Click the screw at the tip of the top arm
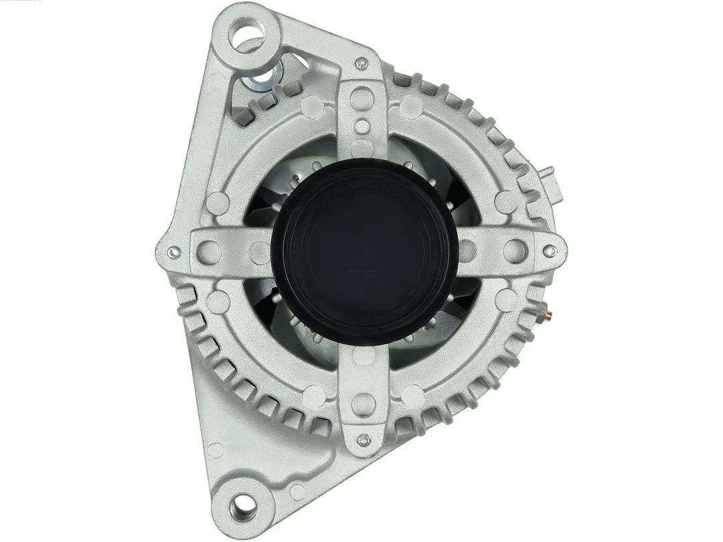[362, 64]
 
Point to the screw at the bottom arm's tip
[363, 440]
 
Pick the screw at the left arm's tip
[173, 252]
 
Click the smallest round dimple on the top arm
[362, 124]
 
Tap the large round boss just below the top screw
[362, 96]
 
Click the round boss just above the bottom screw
[363, 403]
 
